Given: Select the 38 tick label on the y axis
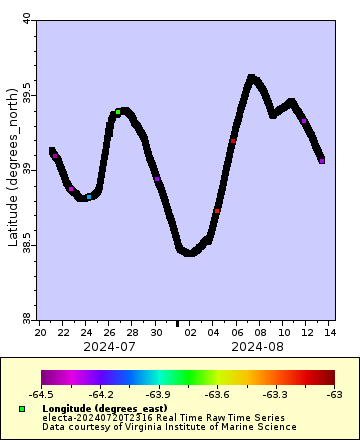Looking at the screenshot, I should pyautogui.click(x=27, y=318).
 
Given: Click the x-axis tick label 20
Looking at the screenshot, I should pyautogui.click(x=40, y=331).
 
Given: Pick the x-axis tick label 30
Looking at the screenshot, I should pyautogui.click(x=156, y=331).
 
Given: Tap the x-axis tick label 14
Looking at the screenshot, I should pyautogui.click(x=329, y=331).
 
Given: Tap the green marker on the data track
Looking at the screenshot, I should pyautogui.click(x=118, y=112).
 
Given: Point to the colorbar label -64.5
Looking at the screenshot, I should pyautogui.click(x=41, y=396).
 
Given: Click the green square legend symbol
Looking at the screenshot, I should pyautogui.click(x=21, y=409).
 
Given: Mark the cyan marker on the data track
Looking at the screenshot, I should pyautogui.click(x=89, y=197).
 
